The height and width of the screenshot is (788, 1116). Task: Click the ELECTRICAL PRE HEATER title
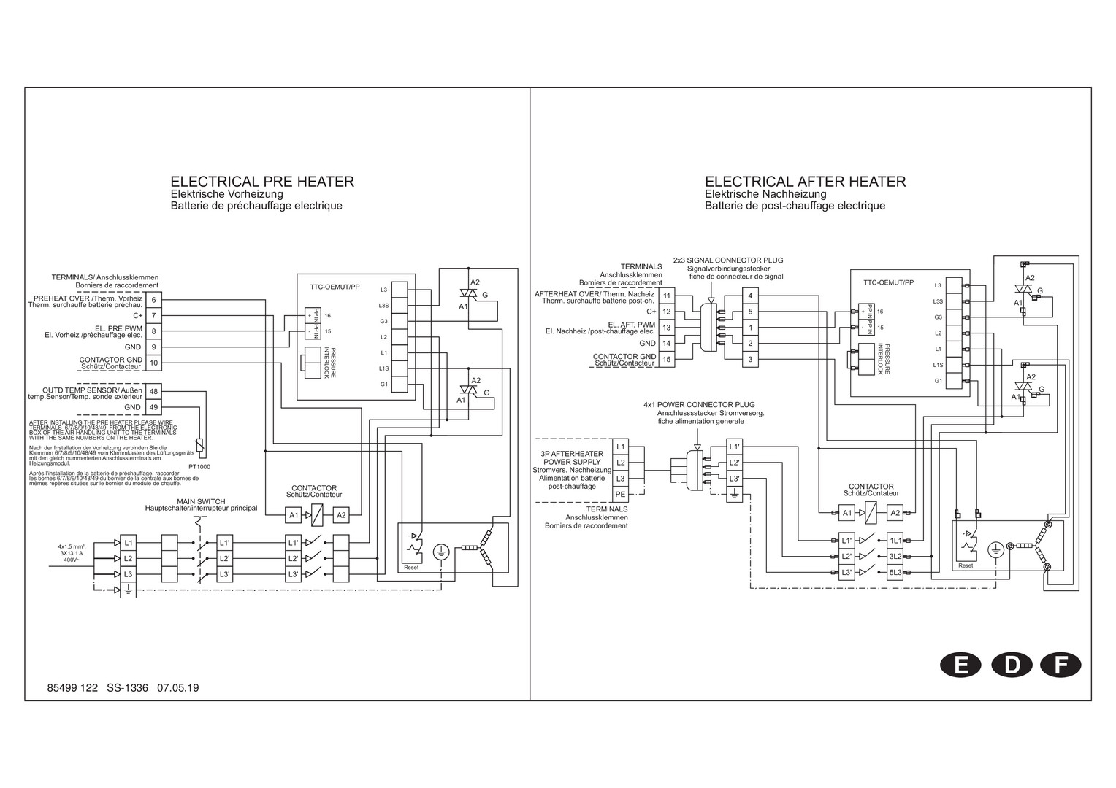262,182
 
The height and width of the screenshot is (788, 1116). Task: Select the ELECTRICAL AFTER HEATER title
805,182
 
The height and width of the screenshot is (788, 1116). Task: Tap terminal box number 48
153,392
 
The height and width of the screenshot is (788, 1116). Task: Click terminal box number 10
153,363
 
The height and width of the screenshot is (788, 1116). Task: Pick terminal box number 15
666,359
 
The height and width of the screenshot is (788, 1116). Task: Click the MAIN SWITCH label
201,501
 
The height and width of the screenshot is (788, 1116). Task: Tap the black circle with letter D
1012,665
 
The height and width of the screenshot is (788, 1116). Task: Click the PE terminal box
620,494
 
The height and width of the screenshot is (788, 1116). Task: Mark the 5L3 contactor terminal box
896,573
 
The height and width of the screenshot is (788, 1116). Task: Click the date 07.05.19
178,687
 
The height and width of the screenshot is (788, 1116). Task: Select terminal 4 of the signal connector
750,295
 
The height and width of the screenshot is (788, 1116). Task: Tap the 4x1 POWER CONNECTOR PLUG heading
699,404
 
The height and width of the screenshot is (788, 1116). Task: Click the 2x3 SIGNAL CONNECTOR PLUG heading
727,260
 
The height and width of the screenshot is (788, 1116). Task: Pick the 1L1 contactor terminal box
896,541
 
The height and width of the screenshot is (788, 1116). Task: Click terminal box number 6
153,300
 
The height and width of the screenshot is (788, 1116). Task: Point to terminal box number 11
666,295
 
